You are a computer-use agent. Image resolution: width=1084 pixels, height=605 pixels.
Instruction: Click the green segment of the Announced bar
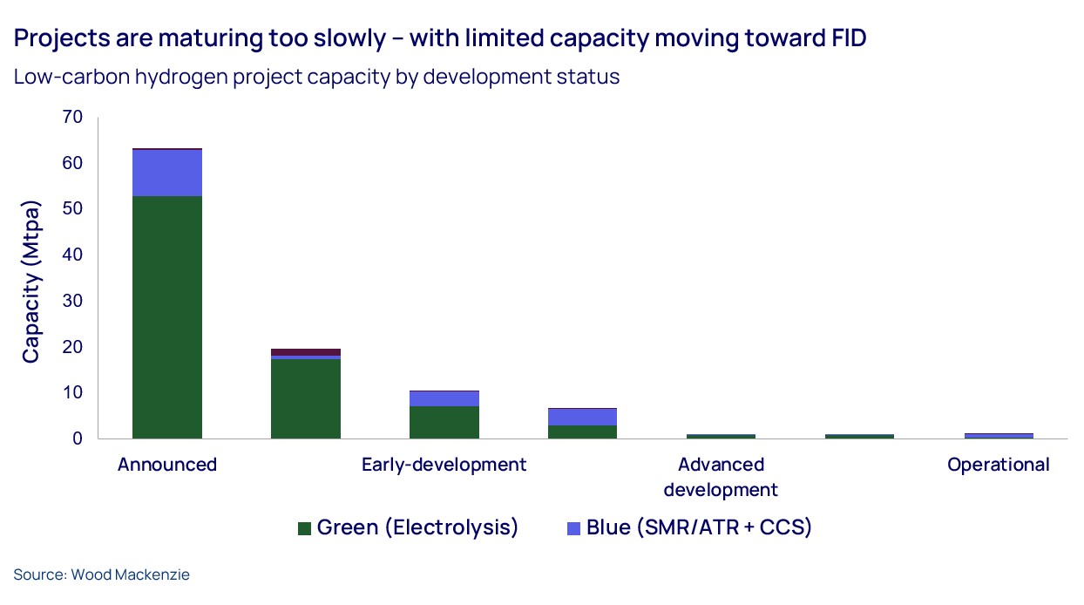[167, 317]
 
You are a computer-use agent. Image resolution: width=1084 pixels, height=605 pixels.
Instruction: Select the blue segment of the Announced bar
[167, 173]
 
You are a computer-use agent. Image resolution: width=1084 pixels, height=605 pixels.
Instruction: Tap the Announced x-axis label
[167, 465]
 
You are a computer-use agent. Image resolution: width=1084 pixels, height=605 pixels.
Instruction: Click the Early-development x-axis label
[444, 465]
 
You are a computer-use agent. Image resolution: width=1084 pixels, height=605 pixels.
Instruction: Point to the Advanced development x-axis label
[721, 476]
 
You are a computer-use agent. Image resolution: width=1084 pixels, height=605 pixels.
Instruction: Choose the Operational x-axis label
[998, 465]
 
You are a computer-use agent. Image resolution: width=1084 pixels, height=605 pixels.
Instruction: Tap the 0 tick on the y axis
[77, 438]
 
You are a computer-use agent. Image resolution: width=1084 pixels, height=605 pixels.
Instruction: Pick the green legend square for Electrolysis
[304, 528]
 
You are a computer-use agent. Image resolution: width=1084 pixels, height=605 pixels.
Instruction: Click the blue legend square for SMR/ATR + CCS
[573, 528]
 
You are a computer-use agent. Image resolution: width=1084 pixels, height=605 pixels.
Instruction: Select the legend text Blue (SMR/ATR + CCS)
[699, 527]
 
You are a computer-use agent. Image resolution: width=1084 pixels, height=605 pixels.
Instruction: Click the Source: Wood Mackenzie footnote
[101, 574]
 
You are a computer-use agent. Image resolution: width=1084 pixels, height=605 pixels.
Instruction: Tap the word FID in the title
[842, 39]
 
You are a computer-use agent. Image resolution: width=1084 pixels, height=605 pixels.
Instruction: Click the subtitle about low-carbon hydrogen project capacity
[316, 77]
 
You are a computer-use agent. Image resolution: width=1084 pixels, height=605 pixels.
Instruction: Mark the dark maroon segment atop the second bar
[305, 351]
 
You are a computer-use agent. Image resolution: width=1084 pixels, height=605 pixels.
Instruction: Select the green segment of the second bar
[305, 398]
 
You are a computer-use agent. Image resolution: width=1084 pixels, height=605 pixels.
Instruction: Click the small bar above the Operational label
[998, 435]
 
